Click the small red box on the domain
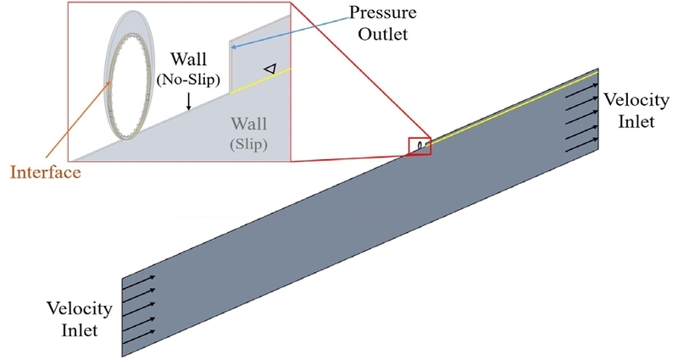[420, 147]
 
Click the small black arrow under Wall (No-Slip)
[188, 100]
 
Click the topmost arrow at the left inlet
[139, 278]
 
